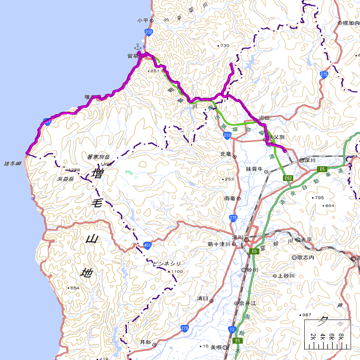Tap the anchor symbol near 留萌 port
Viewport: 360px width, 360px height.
click(x=137, y=46)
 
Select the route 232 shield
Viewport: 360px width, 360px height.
click(x=149, y=33)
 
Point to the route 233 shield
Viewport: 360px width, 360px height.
click(x=227, y=135)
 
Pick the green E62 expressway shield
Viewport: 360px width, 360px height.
click(x=288, y=178)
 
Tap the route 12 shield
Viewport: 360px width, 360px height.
click(x=232, y=329)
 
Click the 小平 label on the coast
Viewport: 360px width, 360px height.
click(x=142, y=21)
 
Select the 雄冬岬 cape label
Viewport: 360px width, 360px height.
click(x=12, y=163)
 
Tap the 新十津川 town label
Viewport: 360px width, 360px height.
click(x=216, y=244)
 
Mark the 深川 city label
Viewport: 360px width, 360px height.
click(x=311, y=160)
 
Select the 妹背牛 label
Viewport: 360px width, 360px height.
click(x=254, y=169)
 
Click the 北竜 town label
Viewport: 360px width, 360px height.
click(x=225, y=154)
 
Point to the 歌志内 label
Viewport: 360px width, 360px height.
click(x=306, y=258)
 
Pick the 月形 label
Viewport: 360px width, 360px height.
click(x=145, y=342)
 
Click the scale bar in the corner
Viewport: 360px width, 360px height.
click(x=327, y=335)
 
